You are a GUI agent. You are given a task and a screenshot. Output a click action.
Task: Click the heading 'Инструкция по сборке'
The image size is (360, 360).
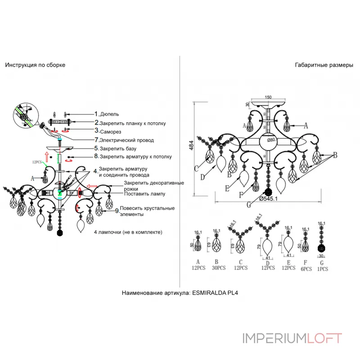(x=35, y=65)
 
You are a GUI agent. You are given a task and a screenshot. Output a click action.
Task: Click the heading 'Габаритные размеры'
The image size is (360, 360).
(x=324, y=65)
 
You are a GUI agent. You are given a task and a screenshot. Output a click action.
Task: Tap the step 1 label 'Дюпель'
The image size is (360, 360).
(x=110, y=115)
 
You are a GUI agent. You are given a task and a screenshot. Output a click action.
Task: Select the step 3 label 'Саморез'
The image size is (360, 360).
(x=111, y=131)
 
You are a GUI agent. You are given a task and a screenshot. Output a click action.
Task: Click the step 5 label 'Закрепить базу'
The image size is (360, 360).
(x=118, y=148)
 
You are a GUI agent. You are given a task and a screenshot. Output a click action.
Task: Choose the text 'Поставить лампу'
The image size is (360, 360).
(x=145, y=194)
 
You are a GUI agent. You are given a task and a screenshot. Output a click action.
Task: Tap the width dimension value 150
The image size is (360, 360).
(x=268, y=97)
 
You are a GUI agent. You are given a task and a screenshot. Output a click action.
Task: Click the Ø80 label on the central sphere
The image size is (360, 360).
(x=270, y=139)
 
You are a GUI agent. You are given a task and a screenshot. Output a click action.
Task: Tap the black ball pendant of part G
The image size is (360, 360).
(x=321, y=249)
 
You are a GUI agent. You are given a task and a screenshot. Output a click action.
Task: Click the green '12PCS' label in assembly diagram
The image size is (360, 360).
(x=37, y=161)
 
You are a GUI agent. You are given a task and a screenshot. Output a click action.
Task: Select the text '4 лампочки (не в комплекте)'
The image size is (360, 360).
(x=128, y=232)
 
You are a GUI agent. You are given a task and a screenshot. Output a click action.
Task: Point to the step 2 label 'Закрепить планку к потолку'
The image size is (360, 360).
(x=133, y=123)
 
